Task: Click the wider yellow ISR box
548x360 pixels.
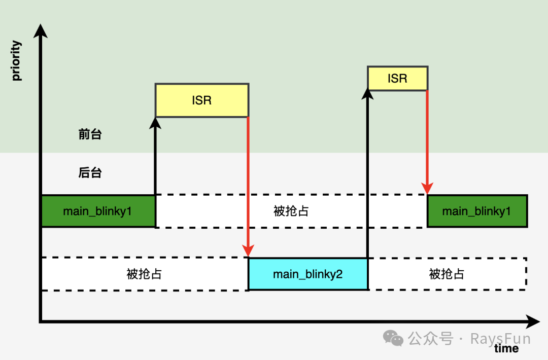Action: pyautogui.click(x=201, y=100)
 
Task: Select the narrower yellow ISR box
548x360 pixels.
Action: pyautogui.click(x=397, y=79)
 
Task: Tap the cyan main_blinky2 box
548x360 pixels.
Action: pyautogui.click(x=307, y=274)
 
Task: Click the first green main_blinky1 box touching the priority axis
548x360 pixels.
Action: pyautogui.click(x=97, y=211)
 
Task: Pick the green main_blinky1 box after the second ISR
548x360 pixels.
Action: pyautogui.click(x=476, y=211)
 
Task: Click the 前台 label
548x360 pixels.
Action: pyautogui.click(x=90, y=134)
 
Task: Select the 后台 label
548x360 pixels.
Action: pyautogui.click(x=90, y=173)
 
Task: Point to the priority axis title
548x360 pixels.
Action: pyautogui.click(x=17, y=61)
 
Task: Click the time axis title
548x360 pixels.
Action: pyautogui.click(x=506, y=348)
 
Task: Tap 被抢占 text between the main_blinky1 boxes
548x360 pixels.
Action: pyautogui.click(x=291, y=211)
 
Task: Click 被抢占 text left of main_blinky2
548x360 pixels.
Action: pyautogui.click(x=144, y=274)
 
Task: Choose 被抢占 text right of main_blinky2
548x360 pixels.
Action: pyautogui.click(x=447, y=274)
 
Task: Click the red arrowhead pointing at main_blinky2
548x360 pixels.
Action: pyautogui.click(x=248, y=250)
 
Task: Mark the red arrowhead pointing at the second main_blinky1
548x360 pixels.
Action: pyautogui.click(x=427, y=188)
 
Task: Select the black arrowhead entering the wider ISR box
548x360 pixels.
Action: pyautogui.click(x=155, y=123)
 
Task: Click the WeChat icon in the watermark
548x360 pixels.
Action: pyautogui.click(x=393, y=338)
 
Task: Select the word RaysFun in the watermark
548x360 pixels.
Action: pyautogui.click(x=500, y=338)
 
